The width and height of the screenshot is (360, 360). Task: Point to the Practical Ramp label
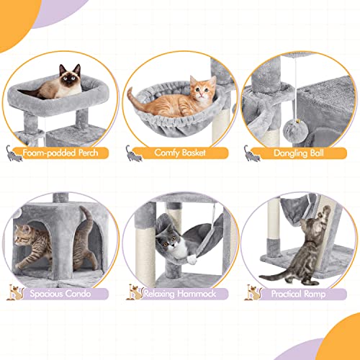click(x=297, y=294)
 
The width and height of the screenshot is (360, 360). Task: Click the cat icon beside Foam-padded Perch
click(x=12, y=151)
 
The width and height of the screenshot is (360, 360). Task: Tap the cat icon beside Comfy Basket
click(x=132, y=152)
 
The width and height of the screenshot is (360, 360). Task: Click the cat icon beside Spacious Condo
click(x=12, y=292)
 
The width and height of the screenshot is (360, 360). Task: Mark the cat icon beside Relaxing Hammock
click(x=132, y=292)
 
